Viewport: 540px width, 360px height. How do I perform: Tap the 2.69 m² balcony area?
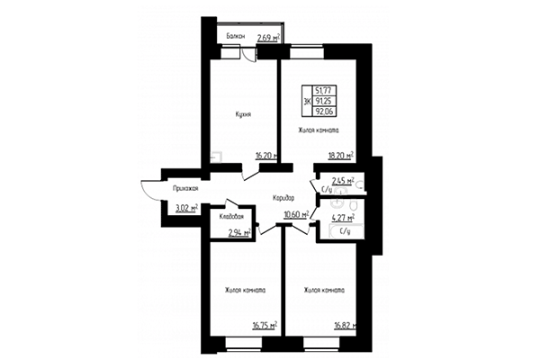coord(267,38)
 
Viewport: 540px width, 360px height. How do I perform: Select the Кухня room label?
coord(238,114)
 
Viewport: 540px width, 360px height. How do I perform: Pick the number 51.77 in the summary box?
coord(326,89)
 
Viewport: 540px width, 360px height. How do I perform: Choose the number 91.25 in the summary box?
coord(326,101)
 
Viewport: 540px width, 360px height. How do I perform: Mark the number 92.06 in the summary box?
coord(326,113)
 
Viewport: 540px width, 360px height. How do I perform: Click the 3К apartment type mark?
coord(308,102)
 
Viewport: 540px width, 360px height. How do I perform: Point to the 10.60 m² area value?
coord(295,215)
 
